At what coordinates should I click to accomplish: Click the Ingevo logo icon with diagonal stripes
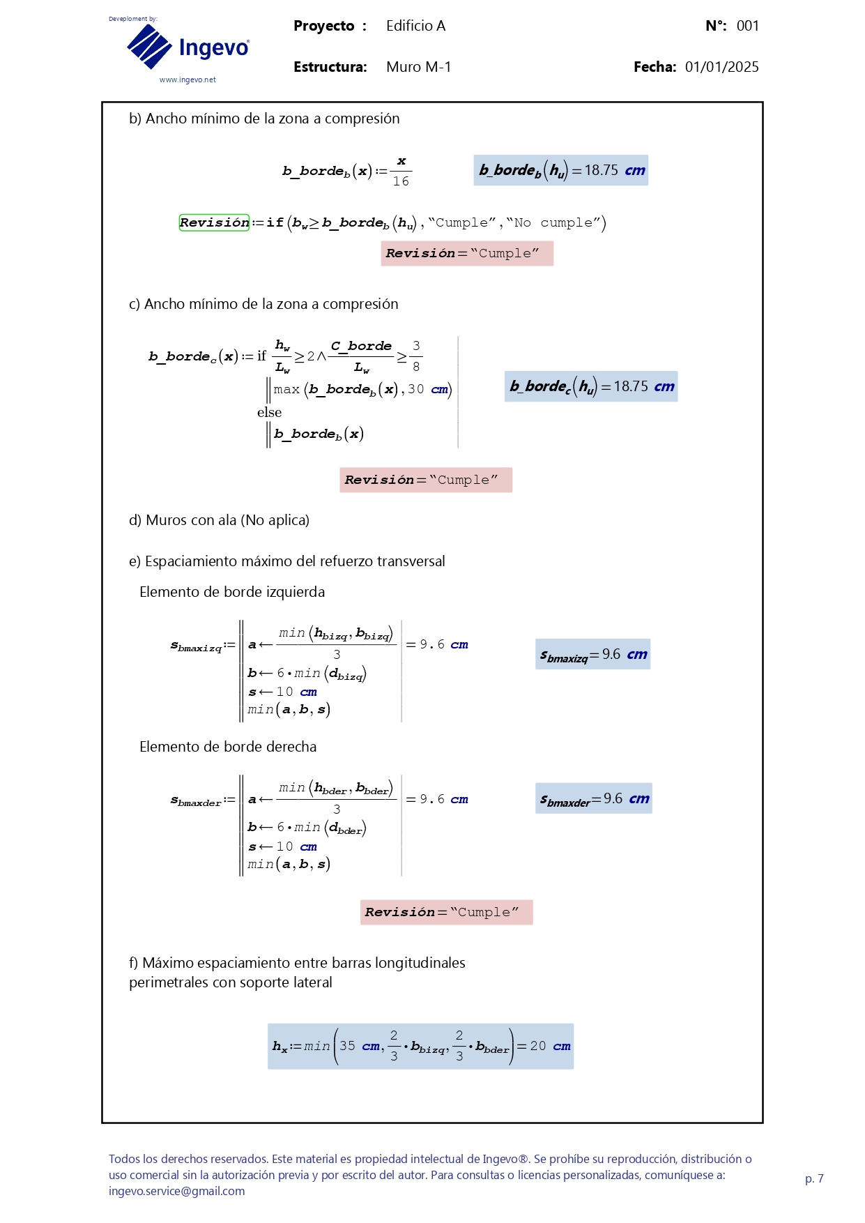click(x=149, y=47)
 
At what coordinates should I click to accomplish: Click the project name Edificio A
click(x=415, y=26)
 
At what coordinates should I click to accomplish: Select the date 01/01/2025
click(x=721, y=67)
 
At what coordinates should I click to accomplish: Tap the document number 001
click(x=747, y=26)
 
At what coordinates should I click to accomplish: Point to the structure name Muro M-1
click(x=418, y=67)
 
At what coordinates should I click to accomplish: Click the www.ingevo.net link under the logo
click(x=187, y=80)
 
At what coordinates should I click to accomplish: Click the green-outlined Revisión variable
click(x=214, y=222)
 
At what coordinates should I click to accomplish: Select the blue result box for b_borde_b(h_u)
click(x=560, y=170)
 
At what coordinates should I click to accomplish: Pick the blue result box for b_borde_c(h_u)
click(x=590, y=386)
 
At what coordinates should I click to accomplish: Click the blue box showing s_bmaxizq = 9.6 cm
click(x=592, y=655)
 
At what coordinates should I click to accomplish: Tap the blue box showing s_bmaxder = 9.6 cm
click(x=594, y=799)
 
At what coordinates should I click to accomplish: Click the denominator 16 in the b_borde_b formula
click(x=401, y=181)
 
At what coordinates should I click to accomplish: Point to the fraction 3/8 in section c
click(x=416, y=356)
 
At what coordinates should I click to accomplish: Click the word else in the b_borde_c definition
click(x=269, y=412)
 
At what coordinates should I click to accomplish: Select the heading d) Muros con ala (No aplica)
click(x=219, y=520)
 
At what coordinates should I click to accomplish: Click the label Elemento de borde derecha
click(x=228, y=747)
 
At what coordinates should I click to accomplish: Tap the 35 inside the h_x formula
click(x=347, y=1046)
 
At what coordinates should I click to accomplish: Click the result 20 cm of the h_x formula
click(x=550, y=1046)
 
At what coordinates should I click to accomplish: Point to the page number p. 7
click(x=814, y=1178)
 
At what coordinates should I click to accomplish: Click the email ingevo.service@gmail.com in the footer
click(x=176, y=1191)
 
